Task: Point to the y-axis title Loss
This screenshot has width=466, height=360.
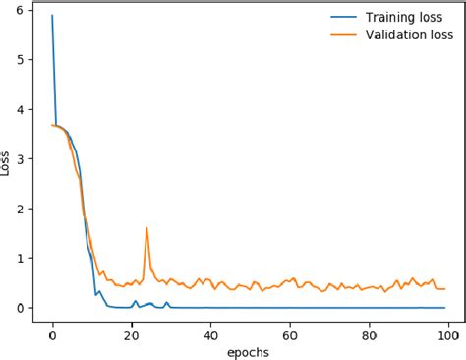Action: click(9, 162)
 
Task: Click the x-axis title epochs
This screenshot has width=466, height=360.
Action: click(248, 351)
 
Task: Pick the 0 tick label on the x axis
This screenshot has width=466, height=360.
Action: click(52, 332)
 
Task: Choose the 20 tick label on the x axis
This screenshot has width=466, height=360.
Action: click(132, 332)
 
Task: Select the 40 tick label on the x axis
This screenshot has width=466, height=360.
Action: click(211, 332)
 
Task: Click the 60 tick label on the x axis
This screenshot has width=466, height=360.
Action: click(291, 332)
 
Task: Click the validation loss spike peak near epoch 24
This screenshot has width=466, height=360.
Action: click(147, 228)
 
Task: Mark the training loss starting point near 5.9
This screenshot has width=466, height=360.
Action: click(52, 16)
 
